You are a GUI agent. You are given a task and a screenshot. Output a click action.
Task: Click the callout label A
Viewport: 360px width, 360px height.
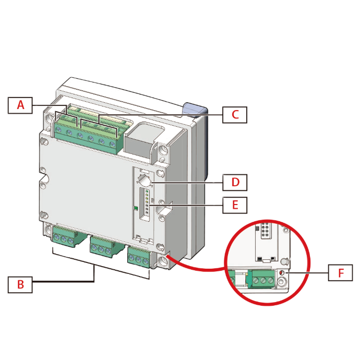(20, 105)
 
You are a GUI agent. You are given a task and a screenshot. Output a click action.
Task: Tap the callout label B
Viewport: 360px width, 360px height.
(20, 284)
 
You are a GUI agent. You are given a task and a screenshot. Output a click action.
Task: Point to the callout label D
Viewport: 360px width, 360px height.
(235, 183)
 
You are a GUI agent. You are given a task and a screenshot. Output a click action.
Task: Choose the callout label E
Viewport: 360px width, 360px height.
(235, 205)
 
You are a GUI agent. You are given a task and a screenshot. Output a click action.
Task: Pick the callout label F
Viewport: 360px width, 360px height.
(340, 272)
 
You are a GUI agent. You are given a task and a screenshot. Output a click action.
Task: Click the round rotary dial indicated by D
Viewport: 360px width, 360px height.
(144, 181)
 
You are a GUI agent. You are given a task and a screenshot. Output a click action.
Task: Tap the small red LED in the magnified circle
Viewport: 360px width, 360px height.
(282, 273)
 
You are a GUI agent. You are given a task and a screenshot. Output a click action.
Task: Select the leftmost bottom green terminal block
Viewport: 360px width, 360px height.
(64, 238)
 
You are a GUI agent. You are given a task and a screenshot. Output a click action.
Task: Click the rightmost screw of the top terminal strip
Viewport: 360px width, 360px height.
(112, 143)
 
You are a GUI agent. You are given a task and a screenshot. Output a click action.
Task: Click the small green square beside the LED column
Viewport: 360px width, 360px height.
(136, 209)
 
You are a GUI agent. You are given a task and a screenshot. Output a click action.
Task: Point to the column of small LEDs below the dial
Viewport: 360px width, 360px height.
(147, 203)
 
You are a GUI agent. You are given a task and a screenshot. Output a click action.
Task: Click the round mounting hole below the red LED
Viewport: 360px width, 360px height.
(282, 282)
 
